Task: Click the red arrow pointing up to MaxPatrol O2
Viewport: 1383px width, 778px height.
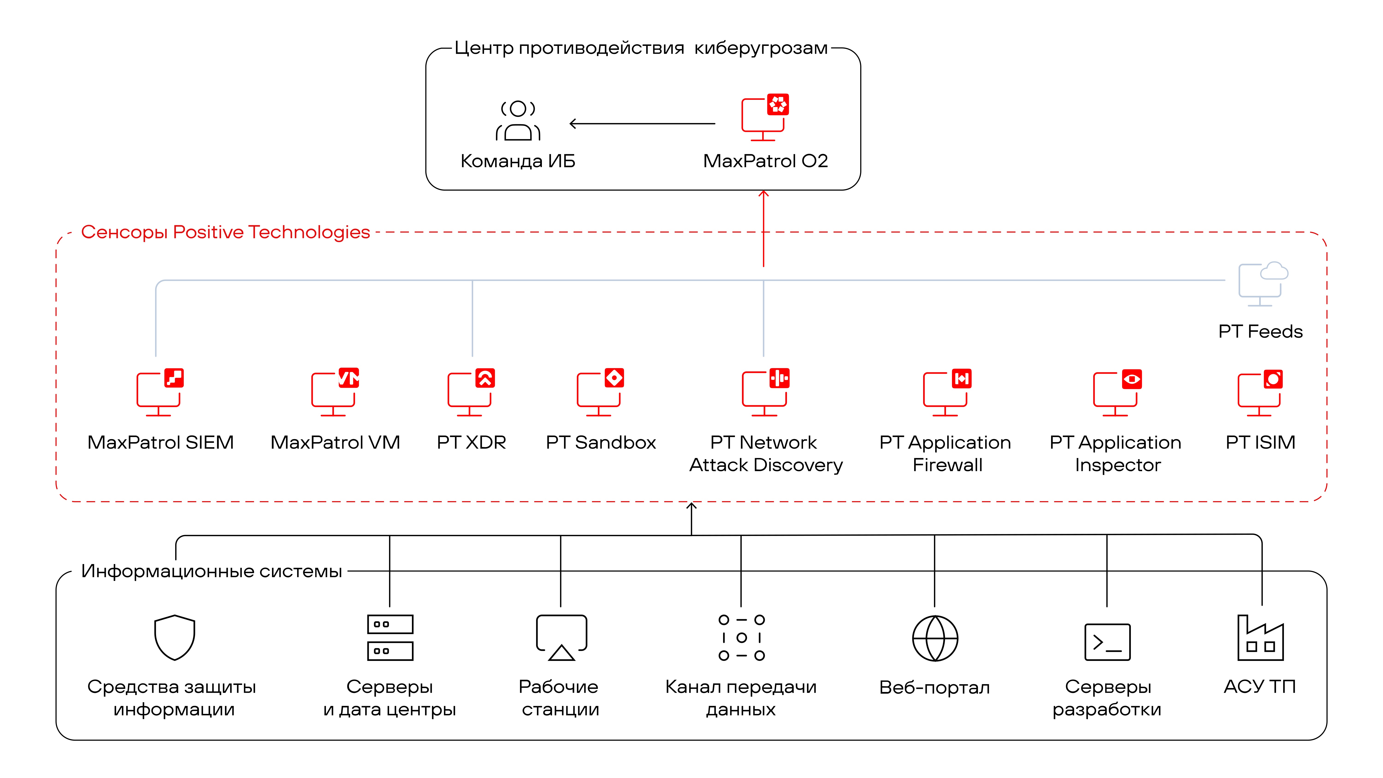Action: (x=763, y=228)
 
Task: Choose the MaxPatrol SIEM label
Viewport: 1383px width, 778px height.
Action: (x=160, y=442)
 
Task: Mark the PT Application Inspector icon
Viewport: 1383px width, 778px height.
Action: (x=1117, y=393)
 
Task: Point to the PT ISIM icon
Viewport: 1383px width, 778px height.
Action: (x=1260, y=393)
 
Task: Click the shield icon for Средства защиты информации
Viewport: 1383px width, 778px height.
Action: (x=174, y=637)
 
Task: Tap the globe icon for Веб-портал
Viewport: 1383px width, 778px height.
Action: (x=935, y=638)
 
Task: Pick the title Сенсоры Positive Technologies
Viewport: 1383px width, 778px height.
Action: (x=225, y=232)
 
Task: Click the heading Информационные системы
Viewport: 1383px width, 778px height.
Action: (x=212, y=571)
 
